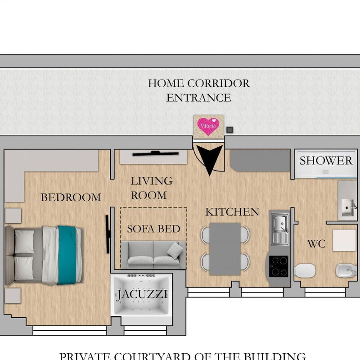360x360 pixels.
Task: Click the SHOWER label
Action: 326,161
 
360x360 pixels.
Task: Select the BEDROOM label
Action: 71,197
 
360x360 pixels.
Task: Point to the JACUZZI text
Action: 142,295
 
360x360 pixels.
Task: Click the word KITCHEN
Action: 232,212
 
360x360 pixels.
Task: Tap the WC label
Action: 316,244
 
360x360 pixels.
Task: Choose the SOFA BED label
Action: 153,229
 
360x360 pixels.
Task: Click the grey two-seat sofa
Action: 153,255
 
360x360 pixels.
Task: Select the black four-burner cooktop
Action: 279,266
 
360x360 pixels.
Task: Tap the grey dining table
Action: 225,248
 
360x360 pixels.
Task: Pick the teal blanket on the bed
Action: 67,255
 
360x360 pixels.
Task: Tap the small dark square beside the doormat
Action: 230,130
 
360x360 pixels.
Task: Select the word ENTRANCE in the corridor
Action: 198,98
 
